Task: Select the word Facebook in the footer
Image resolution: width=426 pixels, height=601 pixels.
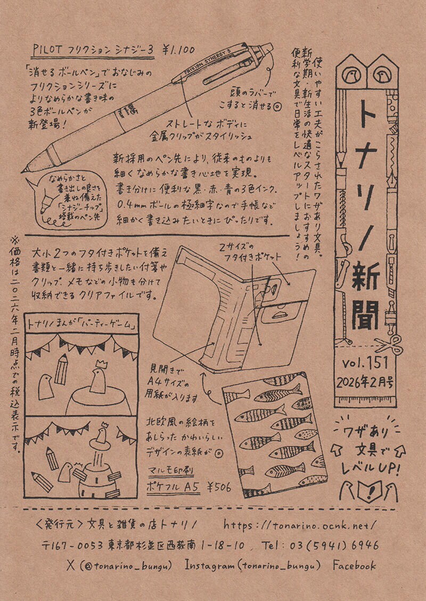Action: (x=354, y=566)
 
